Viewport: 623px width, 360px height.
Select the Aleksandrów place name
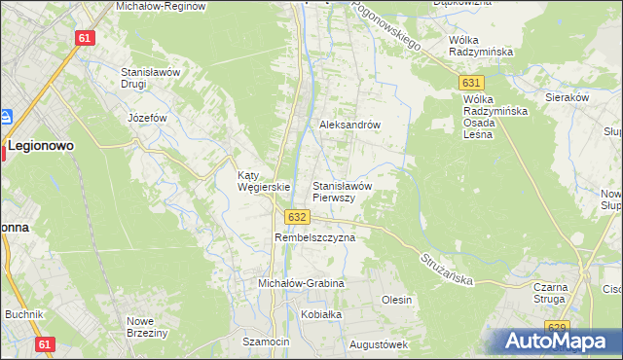pos(349,126)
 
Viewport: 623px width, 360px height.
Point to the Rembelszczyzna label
pos(314,237)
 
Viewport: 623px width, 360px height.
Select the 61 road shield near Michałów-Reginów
pos(85,38)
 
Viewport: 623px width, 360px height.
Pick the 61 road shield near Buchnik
pos(45,343)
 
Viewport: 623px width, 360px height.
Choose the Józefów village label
pos(148,118)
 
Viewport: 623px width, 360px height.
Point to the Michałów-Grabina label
pos(301,283)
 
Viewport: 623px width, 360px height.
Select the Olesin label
pos(397,300)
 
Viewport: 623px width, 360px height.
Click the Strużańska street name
pos(448,268)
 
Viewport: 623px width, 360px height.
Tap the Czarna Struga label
pos(557,294)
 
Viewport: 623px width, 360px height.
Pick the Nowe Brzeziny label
pos(148,327)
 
